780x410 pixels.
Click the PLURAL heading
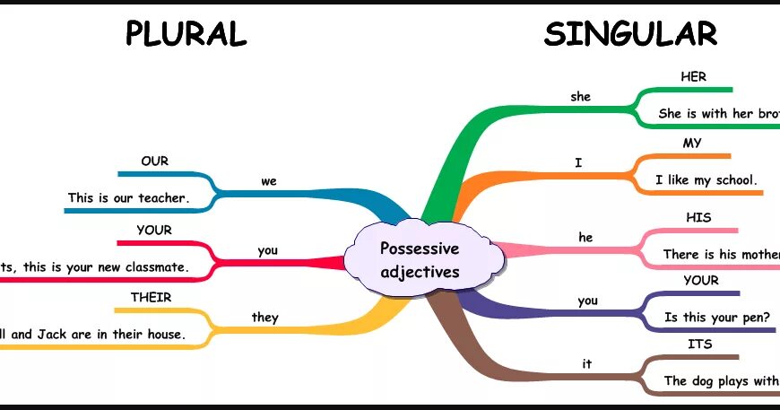tap(186, 34)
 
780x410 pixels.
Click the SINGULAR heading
tap(630, 34)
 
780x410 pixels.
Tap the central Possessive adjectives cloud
tap(420, 259)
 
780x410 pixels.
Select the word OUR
tap(154, 161)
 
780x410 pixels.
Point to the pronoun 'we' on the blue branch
tap(269, 181)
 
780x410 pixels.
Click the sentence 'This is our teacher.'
tap(129, 197)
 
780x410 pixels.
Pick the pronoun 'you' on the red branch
tap(267, 250)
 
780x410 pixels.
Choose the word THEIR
tap(151, 297)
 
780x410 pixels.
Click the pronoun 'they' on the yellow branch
tap(265, 317)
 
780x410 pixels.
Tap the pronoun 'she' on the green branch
tap(581, 96)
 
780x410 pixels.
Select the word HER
tap(694, 77)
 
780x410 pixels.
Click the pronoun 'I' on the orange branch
tap(578, 162)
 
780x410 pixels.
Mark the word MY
tap(692, 144)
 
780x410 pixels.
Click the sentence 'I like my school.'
tap(706, 180)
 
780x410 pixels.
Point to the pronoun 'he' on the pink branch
tap(585, 238)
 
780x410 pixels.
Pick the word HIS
tap(698, 218)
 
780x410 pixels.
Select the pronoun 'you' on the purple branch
tap(587, 301)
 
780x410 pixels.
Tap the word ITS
tap(700, 344)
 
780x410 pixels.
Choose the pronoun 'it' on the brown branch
tap(587, 363)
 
